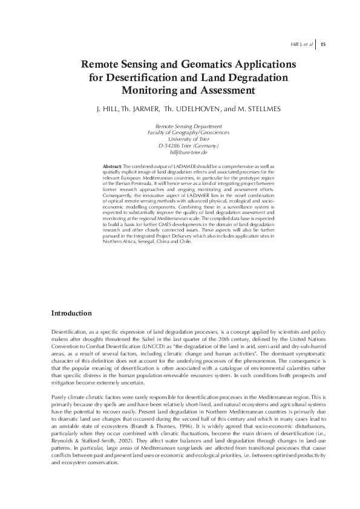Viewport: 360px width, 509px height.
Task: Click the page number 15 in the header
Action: pyautogui.click(x=323, y=44)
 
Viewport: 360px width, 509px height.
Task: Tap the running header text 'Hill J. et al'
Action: pyautogui.click(x=303, y=44)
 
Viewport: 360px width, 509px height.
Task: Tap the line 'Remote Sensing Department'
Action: pyautogui.click(x=180, y=126)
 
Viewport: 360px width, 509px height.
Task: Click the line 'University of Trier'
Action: pyautogui.click(x=180, y=139)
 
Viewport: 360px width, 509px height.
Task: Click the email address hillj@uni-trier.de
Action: pyautogui.click(x=180, y=152)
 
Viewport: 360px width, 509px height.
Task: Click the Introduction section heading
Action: pyautogui.click(x=71, y=313)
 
